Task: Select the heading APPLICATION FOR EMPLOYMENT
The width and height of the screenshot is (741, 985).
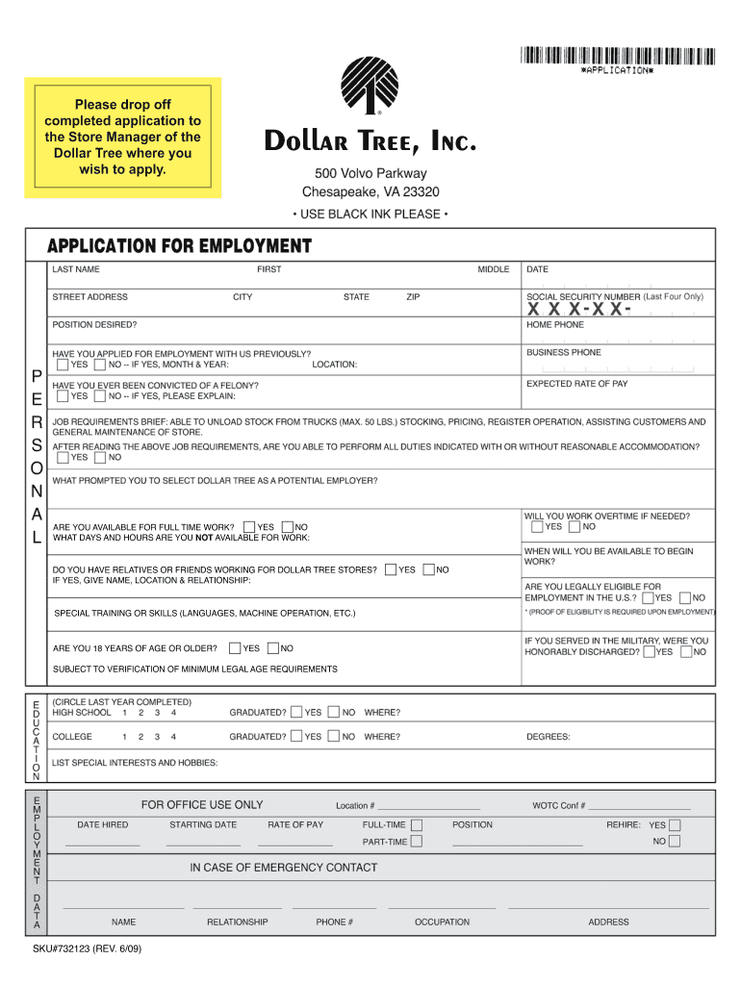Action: (180, 245)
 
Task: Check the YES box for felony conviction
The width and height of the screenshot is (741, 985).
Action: (63, 395)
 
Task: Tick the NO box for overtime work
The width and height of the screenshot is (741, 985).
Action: (575, 526)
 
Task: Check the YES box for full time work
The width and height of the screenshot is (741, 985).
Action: (249, 527)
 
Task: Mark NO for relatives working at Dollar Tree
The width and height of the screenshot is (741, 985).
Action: (429, 569)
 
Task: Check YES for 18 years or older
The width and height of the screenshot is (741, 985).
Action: (235, 647)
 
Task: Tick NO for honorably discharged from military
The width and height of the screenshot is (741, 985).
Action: (684, 651)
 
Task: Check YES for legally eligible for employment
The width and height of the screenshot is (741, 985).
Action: (649, 597)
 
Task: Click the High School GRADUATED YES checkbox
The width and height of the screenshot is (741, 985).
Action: (296, 712)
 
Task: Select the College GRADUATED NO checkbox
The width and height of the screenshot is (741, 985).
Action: (333, 736)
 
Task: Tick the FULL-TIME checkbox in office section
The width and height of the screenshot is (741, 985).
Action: (417, 825)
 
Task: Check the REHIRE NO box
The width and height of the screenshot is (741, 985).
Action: (674, 841)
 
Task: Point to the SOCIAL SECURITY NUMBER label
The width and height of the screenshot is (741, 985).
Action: (582, 296)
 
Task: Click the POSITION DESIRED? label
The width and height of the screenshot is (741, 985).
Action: (94, 324)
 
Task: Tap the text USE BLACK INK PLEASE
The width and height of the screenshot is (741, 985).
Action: (370, 214)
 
